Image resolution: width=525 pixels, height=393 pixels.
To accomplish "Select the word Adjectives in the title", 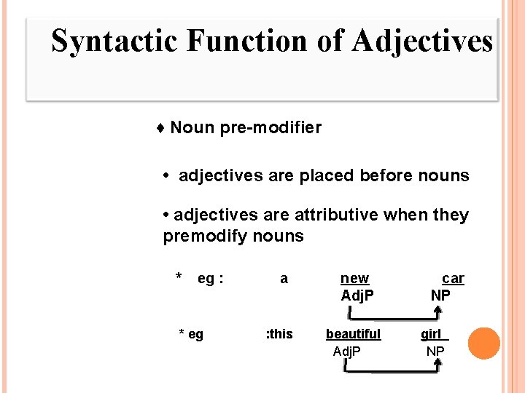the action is click(421, 41).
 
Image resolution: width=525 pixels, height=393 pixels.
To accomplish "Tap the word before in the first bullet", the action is click(386, 175).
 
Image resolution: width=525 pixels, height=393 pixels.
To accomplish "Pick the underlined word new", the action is click(354, 279).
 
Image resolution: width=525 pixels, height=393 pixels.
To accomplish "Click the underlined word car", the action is click(453, 279).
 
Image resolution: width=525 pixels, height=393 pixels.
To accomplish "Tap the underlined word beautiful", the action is click(353, 334).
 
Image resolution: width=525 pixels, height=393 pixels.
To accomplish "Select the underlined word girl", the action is click(432, 334).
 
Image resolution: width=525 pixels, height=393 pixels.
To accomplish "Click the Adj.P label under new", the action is click(357, 295).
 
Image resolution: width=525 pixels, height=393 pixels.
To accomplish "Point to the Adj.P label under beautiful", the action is click(348, 352).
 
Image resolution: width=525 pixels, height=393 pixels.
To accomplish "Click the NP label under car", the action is click(440, 295).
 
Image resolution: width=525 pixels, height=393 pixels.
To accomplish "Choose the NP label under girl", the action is click(435, 352).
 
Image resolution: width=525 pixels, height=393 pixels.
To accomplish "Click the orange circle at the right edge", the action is click(484, 344).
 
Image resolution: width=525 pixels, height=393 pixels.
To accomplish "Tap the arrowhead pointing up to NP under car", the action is click(436, 310).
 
